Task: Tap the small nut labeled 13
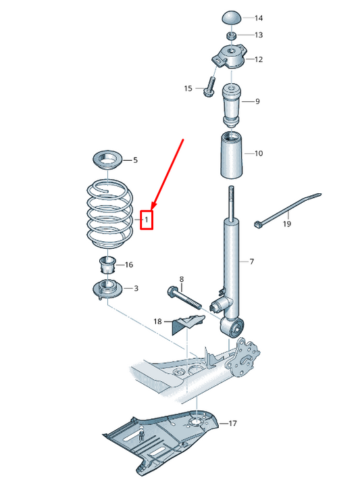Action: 232,35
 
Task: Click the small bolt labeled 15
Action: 210,87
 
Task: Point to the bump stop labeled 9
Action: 232,105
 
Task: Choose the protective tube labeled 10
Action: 232,155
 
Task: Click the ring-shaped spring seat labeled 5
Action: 107,161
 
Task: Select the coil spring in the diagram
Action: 109,216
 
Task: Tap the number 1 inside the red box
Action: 147,220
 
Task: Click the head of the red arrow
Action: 153,206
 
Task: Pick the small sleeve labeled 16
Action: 107,266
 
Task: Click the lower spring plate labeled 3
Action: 108,289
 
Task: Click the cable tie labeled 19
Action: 287,210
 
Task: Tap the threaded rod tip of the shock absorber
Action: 231,189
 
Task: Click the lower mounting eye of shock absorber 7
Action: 232,327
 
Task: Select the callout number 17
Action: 232,424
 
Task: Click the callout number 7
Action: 252,262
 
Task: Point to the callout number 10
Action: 259,153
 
